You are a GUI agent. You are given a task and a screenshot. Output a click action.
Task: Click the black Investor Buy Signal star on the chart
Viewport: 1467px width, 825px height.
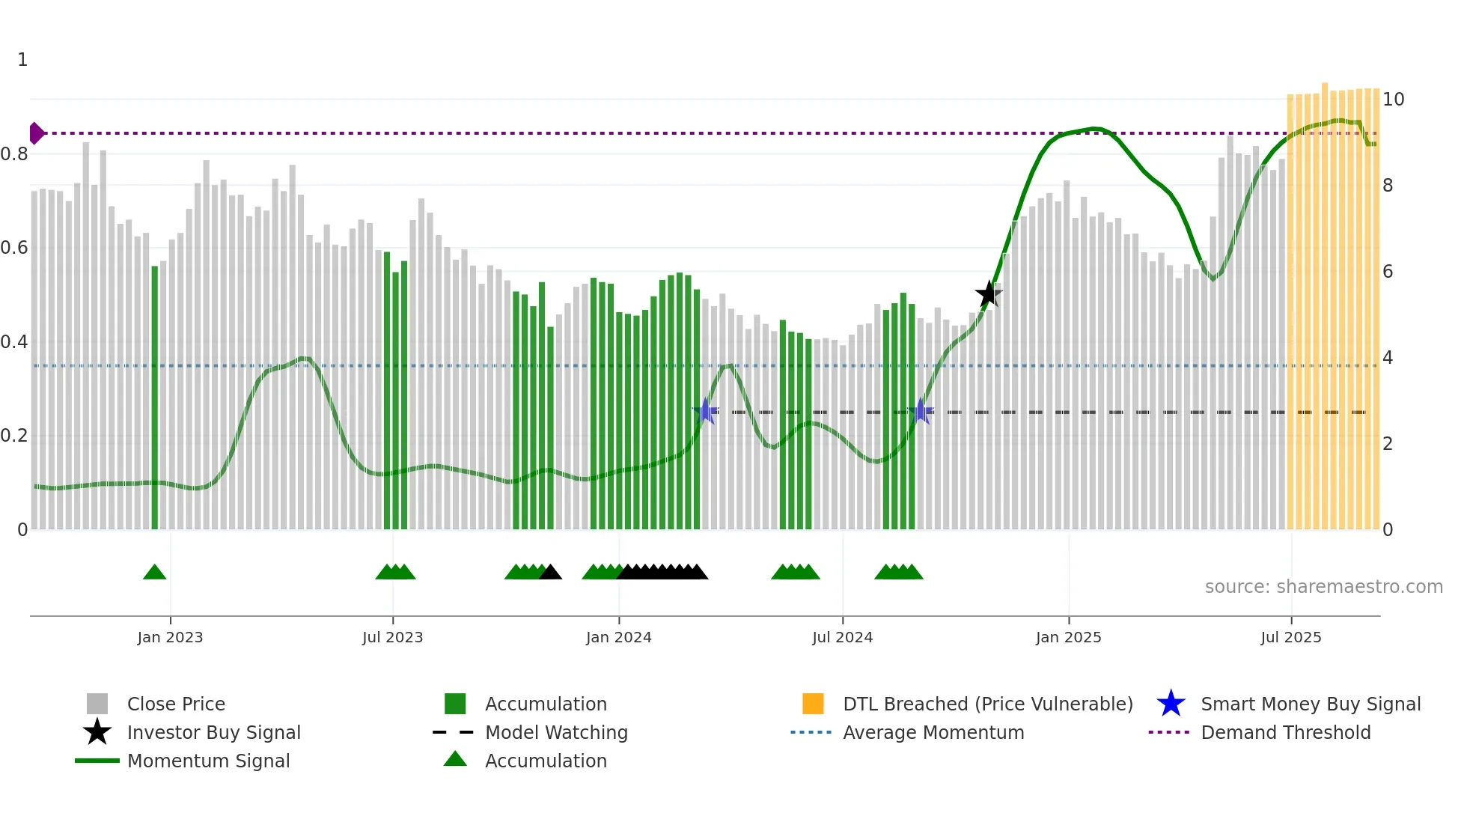point(988,293)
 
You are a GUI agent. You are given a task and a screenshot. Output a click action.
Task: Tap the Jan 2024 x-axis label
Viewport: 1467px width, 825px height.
point(618,637)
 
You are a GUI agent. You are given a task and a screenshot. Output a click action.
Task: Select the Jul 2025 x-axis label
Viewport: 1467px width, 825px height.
point(1290,637)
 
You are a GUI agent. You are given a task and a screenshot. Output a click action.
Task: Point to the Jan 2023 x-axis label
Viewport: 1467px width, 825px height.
point(170,637)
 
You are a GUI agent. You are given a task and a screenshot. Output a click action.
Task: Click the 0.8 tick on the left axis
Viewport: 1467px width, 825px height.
point(15,154)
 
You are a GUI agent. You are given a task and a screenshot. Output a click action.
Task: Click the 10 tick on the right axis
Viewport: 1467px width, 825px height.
point(1393,99)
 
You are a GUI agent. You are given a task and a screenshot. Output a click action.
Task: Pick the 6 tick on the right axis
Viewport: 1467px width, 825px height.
point(1388,271)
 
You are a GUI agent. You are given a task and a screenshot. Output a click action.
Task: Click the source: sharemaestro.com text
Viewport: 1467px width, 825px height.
point(1323,586)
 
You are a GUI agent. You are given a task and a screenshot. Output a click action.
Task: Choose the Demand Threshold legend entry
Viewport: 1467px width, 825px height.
point(1285,732)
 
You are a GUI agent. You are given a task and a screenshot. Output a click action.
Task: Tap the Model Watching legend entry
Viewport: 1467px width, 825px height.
point(555,732)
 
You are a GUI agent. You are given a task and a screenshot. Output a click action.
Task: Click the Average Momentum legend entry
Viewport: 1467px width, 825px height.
point(933,732)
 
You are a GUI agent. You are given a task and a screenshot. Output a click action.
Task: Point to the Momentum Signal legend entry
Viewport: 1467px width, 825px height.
point(208,761)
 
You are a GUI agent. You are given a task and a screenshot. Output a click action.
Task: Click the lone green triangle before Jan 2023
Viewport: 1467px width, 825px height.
point(154,573)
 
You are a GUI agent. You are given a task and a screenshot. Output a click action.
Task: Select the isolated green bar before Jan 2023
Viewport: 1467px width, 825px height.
point(155,397)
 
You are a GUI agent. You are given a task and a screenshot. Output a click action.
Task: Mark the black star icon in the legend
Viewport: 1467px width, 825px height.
point(97,732)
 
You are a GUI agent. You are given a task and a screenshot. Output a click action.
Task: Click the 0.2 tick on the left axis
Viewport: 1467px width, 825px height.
point(15,436)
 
